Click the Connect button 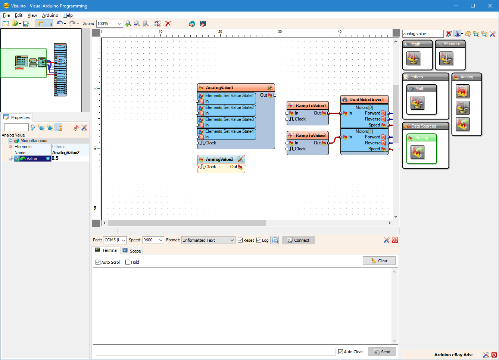(x=298, y=240)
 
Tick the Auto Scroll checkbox (x=98, y=262)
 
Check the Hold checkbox (x=128, y=262)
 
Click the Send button (x=382, y=352)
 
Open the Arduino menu (x=50, y=15)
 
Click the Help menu (x=68, y=15)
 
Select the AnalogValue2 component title (x=219, y=159)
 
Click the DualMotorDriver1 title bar (x=366, y=100)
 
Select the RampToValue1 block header (x=310, y=106)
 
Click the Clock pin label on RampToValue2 (x=300, y=149)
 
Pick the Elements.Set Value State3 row (x=229, y=119)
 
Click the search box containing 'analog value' (x=422, y=34)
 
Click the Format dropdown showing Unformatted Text (x=208, y=240)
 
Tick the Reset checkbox (x=240, y=240)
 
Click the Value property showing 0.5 (x=69, y=159)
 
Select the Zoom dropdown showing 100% (x=109, y=24)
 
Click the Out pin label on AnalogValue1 (x=263, y=95)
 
